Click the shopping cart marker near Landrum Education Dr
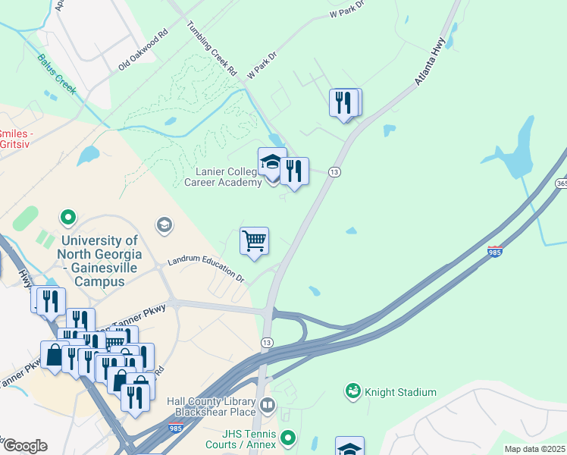[x=254, y=242]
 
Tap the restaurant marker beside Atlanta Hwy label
[x=344, y=103]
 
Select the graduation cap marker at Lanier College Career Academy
[x=272, y=162]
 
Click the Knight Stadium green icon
[x=352, y=391]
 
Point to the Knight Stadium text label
[x=400, y=392]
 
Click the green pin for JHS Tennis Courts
[x=287, y=438]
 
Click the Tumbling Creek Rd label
[x=212, y=48]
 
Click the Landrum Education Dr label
[x=207, y=268]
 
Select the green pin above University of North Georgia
[x=68, y=218]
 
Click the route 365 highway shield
[x=560, y=183]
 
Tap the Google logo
[x=24, y=446]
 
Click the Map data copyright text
[x=534, y=449]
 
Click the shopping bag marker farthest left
[x=55, y=355]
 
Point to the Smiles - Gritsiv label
[x=16, y=137]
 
